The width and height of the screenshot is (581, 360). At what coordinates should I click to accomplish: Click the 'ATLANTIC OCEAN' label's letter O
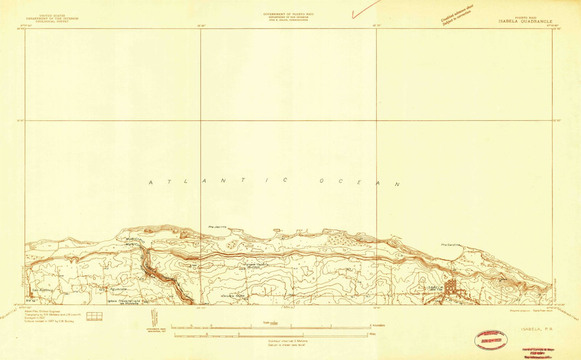(x=322, y=181)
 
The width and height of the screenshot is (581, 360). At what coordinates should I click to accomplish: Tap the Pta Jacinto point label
(x=217, y=227)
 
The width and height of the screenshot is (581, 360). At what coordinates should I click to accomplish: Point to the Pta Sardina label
(x=450, y=245)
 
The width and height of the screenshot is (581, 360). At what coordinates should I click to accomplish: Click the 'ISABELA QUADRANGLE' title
(x=526, y=22)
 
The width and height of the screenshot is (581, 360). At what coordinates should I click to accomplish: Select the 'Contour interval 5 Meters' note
(x=288, y=341)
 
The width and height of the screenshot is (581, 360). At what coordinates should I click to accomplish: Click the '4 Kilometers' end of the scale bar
(x=376, y=325)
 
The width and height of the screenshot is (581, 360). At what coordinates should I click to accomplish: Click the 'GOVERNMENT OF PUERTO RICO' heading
(x=288, y=14)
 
